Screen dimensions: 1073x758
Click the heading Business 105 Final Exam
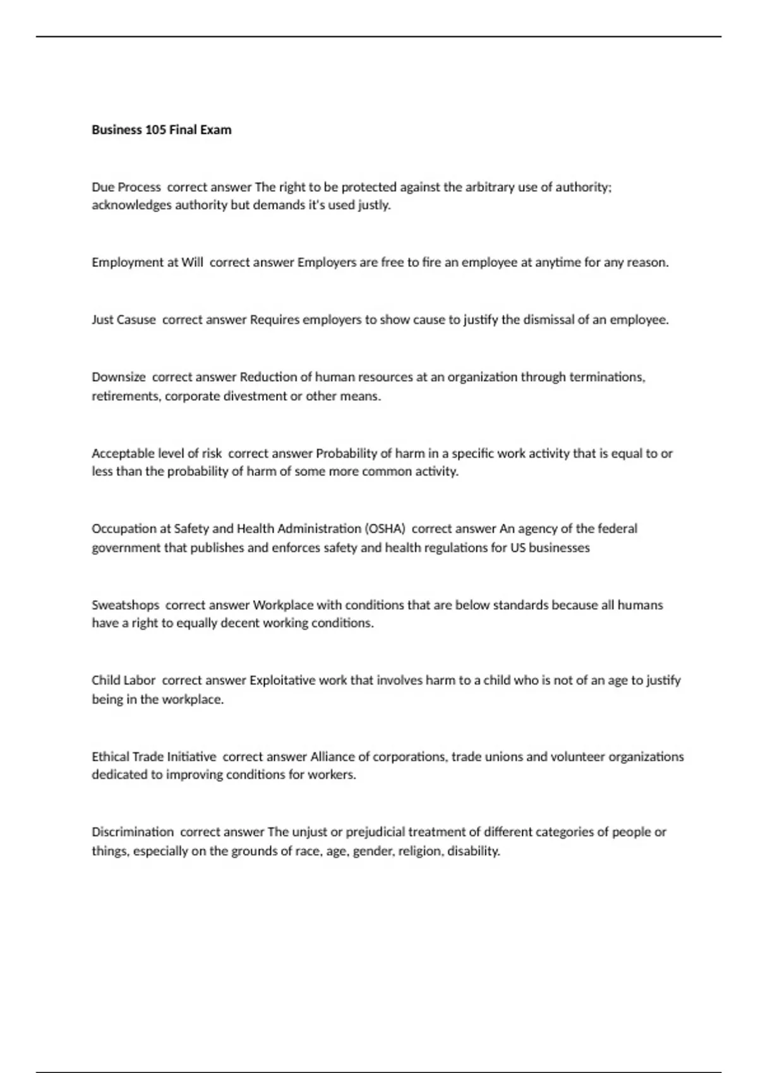tap(161, 130)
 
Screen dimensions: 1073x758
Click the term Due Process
tap(126, 187)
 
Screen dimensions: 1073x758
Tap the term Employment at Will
tap(147, 263)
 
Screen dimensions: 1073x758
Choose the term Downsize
tap(119, 377)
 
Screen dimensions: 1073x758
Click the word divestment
tap(255, 396)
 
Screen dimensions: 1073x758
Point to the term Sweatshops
tap(125, 605)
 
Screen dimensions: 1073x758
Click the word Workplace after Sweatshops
tap(283, 605)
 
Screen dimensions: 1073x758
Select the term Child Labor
tap(123, 680)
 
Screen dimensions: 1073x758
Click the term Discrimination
tap(133, 832)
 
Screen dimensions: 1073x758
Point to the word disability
tap(474, 851)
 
